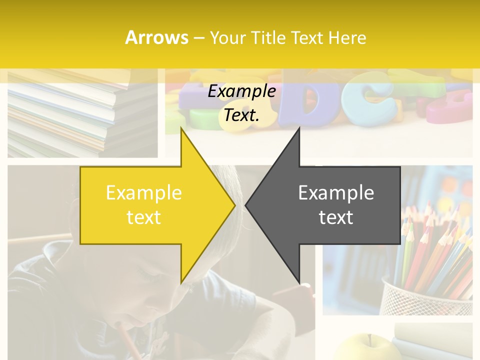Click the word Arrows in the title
pyautogui.click(x=156, y=37)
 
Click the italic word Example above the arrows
pyautogui.click(x=241, y=91)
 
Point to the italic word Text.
pyautogui.click(x=241, y=115)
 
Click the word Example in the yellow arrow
pyautogui.click(x=144, y=192)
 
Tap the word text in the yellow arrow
pyautogui.click(x=144, y=217)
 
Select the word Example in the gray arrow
pyautogui.click(x=336, y=192)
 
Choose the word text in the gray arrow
pyautogui.click(x=336, y=217)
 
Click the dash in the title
pyautogui.click(x=198, y=38)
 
